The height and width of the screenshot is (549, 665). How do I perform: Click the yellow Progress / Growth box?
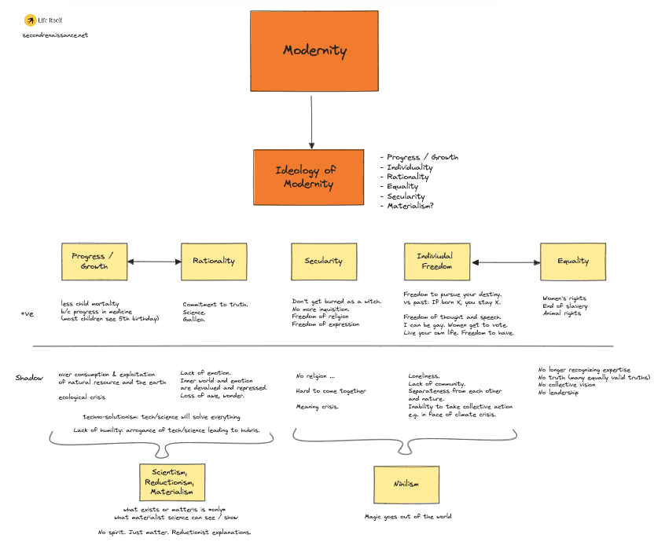(x=94, y=262)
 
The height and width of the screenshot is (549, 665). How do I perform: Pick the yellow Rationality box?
(x=213, y=262)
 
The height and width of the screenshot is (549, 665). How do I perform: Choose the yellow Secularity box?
(x=323, y=262)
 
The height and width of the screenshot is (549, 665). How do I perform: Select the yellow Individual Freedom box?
(x=437, y=262)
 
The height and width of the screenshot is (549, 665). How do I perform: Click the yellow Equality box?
(x=573, y=262)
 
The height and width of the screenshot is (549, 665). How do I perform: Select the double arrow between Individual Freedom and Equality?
(x=505, y=262)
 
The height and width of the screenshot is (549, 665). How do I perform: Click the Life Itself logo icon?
(x=29, y=19)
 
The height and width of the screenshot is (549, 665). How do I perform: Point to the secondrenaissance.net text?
(x=56, y=35)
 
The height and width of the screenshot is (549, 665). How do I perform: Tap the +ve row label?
(x=27, y=314)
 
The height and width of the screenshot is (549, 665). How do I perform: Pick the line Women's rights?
(x=565, y=298)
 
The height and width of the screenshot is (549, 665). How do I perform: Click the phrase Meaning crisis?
(x=318, y=407)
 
